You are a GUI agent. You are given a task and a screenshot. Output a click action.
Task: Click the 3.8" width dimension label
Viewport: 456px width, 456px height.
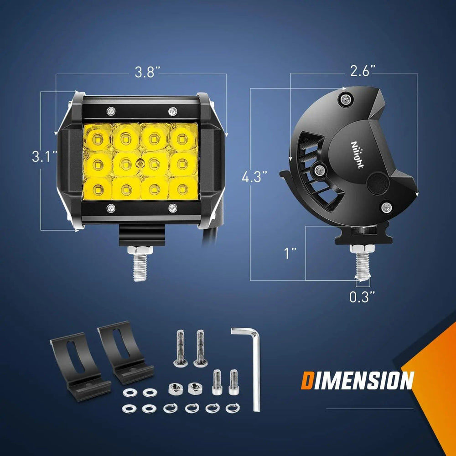[x=147, y=72]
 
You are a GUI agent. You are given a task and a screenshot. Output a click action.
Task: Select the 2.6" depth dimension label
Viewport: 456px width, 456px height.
[x=363, y=71]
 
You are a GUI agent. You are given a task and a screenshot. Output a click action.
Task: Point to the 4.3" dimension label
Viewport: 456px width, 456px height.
[x=254, y=177]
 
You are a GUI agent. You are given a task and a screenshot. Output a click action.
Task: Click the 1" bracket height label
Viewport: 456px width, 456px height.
[x=290, y=253]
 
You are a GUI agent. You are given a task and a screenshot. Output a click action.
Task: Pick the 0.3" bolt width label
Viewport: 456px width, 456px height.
[x=362, y=297]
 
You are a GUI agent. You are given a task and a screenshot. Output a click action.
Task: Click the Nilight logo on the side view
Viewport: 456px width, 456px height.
[x=357, y=154]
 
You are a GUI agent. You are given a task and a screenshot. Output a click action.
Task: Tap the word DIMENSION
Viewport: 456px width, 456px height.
[x=357, y=380]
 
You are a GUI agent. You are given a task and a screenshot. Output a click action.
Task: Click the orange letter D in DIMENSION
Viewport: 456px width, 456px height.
[x=307, y=381]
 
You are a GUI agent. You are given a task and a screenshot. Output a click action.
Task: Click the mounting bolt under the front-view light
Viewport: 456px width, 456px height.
[x=140, y=263]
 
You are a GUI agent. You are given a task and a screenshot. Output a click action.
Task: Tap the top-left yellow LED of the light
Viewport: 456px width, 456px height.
[x=98, y=137]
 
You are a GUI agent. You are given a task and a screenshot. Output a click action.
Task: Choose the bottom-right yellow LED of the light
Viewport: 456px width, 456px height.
[x=183, y=189]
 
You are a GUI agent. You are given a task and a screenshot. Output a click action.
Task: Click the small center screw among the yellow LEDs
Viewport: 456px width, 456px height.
[x=140, y=164]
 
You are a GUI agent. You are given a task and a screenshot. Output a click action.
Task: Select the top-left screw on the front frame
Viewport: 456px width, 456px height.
[x=111, y=111]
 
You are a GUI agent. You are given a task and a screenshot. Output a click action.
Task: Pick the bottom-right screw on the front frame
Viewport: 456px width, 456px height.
[x=172, y=208]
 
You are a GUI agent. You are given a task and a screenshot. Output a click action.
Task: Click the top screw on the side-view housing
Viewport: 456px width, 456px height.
[x=346, y=100]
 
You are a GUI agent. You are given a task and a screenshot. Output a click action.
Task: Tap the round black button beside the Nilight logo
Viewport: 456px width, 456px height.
[x=378, y=183]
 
